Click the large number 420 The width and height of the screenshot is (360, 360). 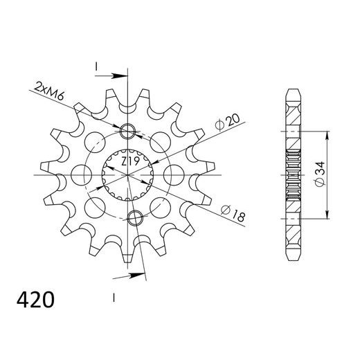click(35, 300)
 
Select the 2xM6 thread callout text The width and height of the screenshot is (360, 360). click(48, 91)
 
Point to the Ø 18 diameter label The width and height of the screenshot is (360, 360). click(233, 213)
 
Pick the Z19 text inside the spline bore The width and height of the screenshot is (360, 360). click(130, 161)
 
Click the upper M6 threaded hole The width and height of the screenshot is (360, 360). click(127, 131)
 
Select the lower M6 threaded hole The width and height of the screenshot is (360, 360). click(135, 218)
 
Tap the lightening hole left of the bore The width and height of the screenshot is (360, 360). click(82, 175)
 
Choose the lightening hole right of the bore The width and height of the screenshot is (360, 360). click(174, 175)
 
